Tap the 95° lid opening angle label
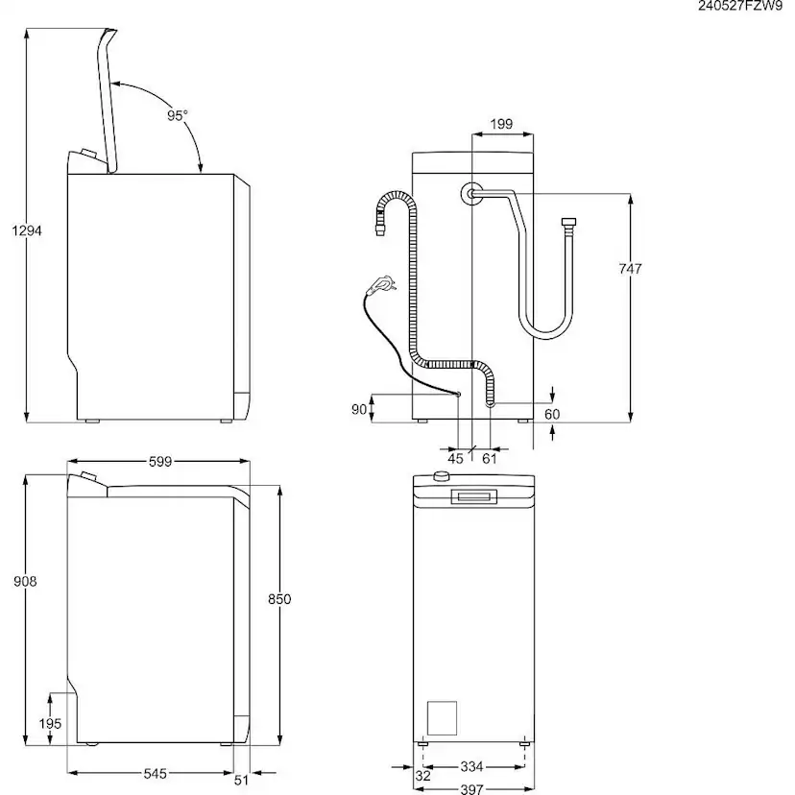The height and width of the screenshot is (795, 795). [x=177, y=115]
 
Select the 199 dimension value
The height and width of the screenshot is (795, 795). [x=500, y=124]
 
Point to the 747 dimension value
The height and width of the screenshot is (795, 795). [x=630, y=270]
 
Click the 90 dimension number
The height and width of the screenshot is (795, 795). [x=359, y=409]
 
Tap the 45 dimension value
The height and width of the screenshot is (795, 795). [x=455, y=459]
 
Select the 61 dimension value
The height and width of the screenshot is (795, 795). [x=489, y=459]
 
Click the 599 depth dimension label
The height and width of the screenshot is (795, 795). [x=159, y=462]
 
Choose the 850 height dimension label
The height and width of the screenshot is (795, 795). [x=278, y=599]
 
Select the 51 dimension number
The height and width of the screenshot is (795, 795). [x=242, y=780]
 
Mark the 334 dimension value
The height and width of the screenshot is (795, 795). [x=470, y=767]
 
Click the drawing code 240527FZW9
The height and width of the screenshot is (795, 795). [x=741, y=8]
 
